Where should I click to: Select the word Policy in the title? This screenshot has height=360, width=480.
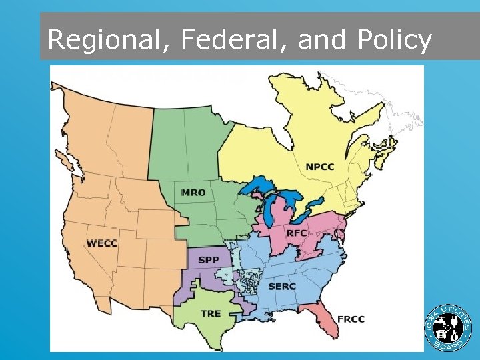(x=394, y=41)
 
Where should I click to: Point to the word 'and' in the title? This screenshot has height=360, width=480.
(x=322, y=41)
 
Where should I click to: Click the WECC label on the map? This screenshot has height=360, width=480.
(x=102, y=243)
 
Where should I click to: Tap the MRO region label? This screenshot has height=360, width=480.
(x=193, y=193)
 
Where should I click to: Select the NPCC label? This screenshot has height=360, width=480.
(x=321, y=166)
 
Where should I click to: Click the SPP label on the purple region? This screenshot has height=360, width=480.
(x=207, y=260)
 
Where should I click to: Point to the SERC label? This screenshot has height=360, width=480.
(x=282, y=287)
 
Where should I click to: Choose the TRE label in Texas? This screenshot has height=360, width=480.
(x=211, y=313)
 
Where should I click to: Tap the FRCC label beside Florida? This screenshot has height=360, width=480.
(x=351, y=319)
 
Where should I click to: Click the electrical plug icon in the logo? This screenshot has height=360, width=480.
(x=455, y=326)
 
